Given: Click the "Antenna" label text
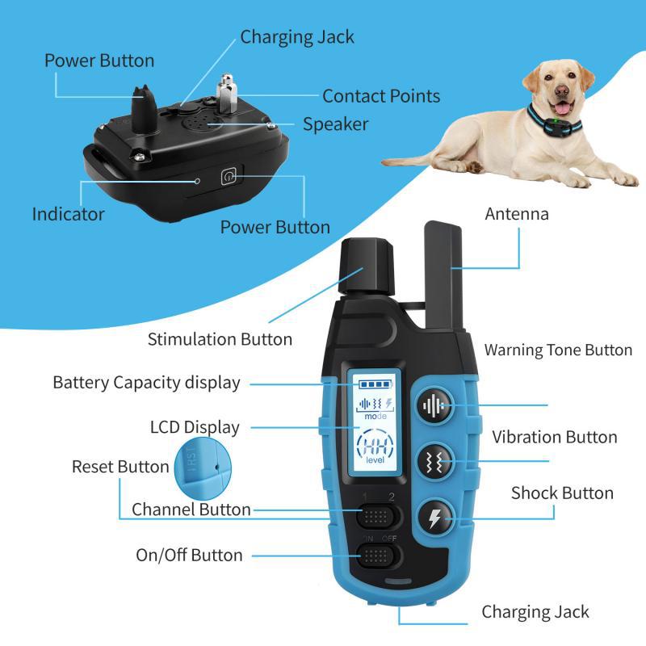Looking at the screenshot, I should pyautogui.click(x=516, y=214).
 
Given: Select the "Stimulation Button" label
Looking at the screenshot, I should pyautogui.click(x=220, y=339).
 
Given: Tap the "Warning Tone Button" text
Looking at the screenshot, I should pyautogui.click(x=558, y=350).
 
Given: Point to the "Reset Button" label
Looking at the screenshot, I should pyautogui.click(x=120, y=467).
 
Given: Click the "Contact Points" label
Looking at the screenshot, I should pyautogui.click(x=381, y=96).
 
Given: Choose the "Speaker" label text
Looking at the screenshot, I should pyautogui.click(x=335, y=124).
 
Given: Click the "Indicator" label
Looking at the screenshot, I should pyautogui.click(x=68, y=214).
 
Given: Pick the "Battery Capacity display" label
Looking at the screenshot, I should pyautogui.click(x=146, y=383).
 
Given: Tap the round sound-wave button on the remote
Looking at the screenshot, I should pyautogui.click(x=434, y=405).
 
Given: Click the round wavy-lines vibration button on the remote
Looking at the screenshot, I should pyautogui.click(x=434, y=462).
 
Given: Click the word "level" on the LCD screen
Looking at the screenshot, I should pyautogui.click(x=375, y=460).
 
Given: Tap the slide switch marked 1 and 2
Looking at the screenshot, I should pyautogui.click(x=377, y=514).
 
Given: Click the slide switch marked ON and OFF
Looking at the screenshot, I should pyautogui.click(x=377, y=555).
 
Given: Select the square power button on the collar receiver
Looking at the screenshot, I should pyautogui.click(x=229, y=176).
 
